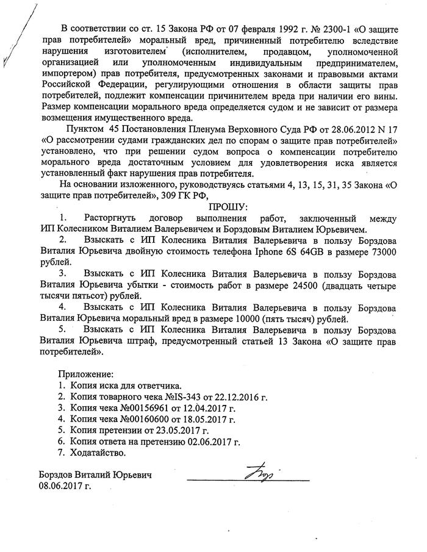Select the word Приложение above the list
point(87,373)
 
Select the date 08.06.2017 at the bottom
point(65,487)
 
